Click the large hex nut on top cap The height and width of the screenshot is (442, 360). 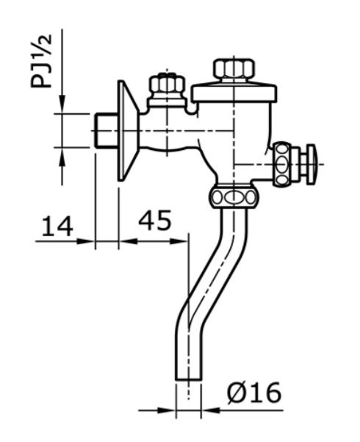tap(234, 70)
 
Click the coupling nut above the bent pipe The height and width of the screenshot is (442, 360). tap(233, 196)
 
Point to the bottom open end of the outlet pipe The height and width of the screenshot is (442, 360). tap(188, 378)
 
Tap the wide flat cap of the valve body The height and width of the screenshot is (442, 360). tap(234, 93)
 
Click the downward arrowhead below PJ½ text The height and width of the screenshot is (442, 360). tap(62, 106)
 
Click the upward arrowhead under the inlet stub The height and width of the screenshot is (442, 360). tap(62, 153)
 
